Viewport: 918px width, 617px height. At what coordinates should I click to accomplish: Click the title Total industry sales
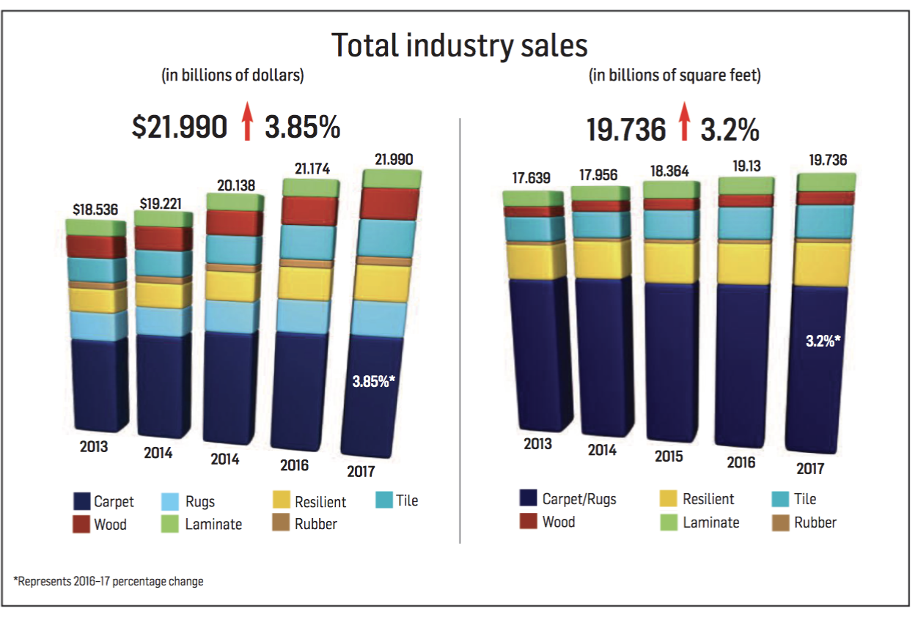pos(460,45)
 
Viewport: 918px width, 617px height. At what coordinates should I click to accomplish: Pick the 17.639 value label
pos(532,178)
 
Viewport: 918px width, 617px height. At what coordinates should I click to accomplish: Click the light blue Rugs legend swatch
pos(170,502)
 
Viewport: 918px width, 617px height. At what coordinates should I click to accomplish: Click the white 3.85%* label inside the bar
pos(374,380)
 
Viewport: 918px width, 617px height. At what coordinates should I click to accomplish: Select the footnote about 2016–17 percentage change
pos(109,581)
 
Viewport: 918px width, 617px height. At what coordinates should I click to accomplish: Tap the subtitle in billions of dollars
pos(232,75)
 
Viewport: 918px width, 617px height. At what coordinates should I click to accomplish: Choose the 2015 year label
pos(668,456)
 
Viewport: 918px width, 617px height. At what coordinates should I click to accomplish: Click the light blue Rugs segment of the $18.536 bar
pos(98,326)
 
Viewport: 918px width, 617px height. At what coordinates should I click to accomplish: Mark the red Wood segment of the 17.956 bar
pos(601,206)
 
